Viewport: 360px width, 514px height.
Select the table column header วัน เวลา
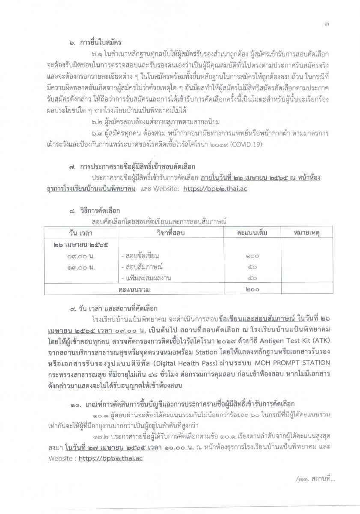click(80, 232)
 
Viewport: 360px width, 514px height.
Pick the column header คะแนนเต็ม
click(252, 232)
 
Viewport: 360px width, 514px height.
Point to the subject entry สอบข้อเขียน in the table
click(137, 256)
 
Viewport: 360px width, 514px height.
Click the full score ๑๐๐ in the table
click(251, 256)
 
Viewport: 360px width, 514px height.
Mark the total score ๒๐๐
click(252, 290)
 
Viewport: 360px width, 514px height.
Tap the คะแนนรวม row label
click(137, 290)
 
